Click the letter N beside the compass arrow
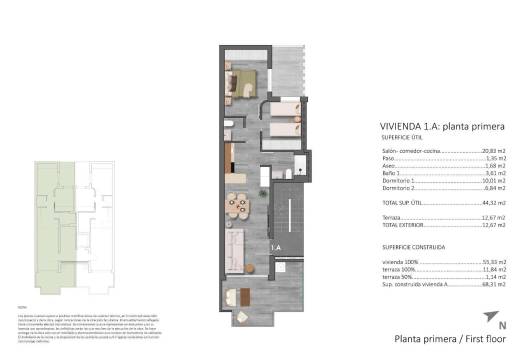point(502,325)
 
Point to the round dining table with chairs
point(237,203)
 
